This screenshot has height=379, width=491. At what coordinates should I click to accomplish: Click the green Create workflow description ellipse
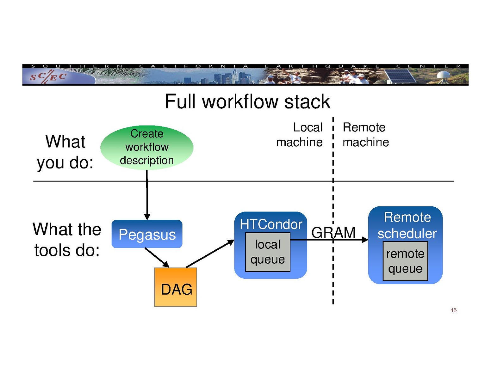point(147,147)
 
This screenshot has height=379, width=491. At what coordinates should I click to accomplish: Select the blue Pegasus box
point(147,234)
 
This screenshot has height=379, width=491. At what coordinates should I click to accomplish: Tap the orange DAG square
point(176,287)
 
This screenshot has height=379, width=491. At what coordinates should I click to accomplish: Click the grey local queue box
point(268,252)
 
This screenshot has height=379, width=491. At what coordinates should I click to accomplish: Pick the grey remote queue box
point(405,261)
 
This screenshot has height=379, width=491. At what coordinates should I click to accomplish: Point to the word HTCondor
point(271,224)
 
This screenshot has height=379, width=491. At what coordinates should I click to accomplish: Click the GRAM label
point(333,233)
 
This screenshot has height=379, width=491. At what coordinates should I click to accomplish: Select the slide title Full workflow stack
point(247,102)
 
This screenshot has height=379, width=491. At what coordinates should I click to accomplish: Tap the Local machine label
point(300,135)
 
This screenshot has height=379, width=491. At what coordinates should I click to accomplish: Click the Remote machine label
point(365,135)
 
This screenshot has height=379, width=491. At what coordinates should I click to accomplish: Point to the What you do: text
point(65,152)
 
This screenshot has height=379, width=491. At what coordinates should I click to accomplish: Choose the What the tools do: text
point(67,240)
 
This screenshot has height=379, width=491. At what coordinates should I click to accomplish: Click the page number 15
point(453,310)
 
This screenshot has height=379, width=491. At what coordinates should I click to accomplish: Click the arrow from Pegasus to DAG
point(157,258)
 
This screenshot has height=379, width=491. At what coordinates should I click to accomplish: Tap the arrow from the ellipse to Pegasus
point(147,196)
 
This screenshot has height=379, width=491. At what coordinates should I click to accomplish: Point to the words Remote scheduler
point(407,225)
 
